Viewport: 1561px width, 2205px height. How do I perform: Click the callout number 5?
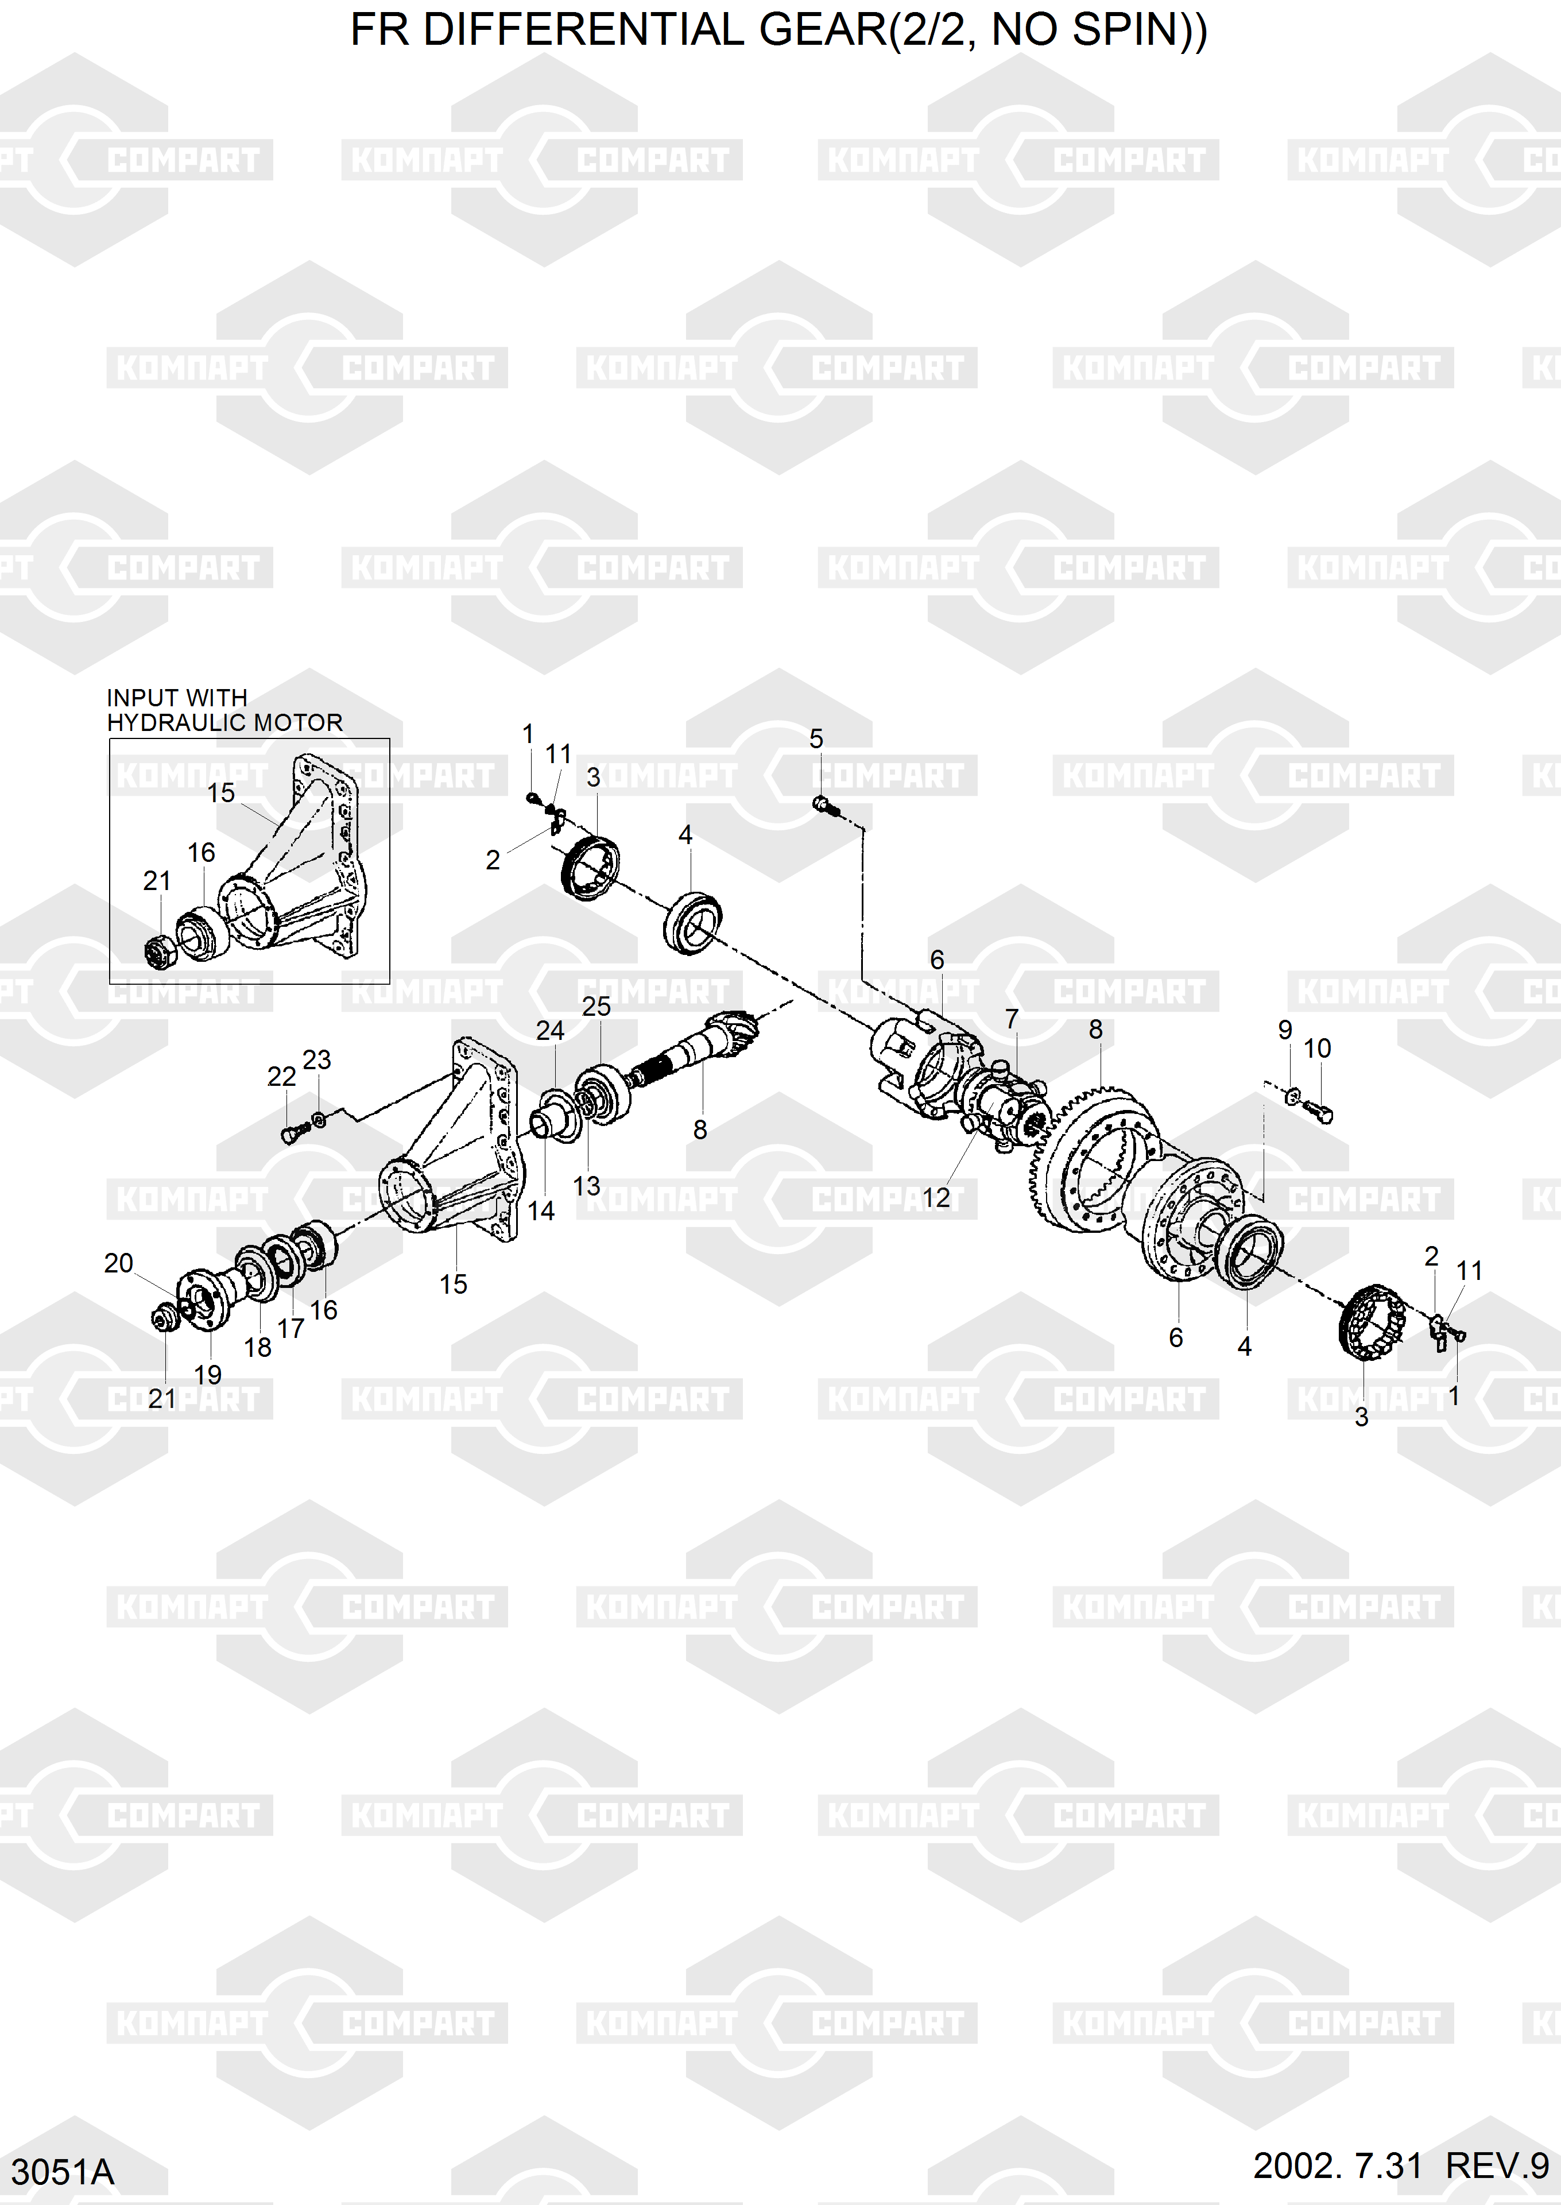click(x=815, y=739)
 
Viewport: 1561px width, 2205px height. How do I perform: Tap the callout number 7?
click(x=1011, y=1019)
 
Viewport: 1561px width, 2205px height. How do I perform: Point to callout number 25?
click(x=596, y=1007)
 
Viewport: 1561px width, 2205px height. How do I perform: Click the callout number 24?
click(x=550, y=1030)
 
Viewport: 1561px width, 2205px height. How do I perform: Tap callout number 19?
click(x=208, y=1375)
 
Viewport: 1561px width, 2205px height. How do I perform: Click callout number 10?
click(x=1317, y=1049)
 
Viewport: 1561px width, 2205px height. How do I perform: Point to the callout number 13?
click(x=586, y=1186)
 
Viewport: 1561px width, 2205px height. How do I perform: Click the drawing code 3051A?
click(x=63, y=2171)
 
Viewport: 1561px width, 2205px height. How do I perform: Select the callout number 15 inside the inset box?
click(x=221, y=793)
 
